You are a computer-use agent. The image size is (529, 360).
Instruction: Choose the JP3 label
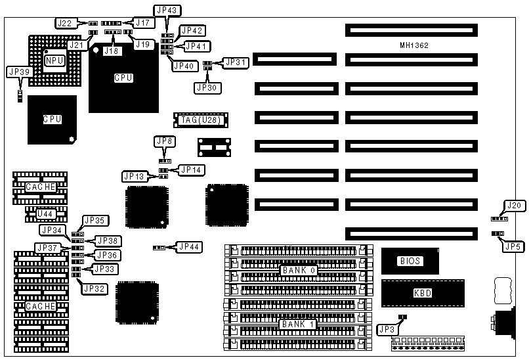tap(385, 328)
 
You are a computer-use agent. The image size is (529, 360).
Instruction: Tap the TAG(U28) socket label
tap(200, 120)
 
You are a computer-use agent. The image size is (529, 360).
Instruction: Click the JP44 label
tap(188, 247)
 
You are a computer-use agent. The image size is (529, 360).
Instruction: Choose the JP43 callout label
tap(167, 11)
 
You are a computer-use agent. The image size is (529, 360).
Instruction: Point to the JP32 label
tap(93, 287)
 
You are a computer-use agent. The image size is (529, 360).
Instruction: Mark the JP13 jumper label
tap(134, 176)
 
